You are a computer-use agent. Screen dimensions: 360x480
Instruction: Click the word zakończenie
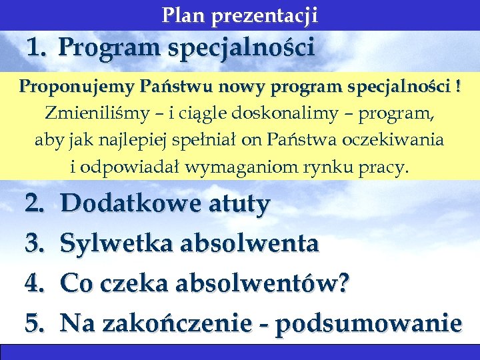[x=169, y=323]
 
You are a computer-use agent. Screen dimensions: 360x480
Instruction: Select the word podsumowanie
[x=369, y=324]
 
